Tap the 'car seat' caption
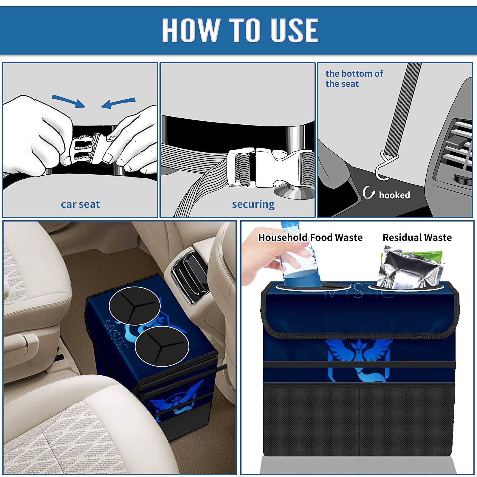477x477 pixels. click(x=80, y=204)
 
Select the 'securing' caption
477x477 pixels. click(x=253, y=205)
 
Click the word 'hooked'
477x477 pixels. click(x=394, y=195)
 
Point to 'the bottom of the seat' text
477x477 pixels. click(x=354, y=78)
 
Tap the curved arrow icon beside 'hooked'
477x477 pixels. click(x=369, y=192)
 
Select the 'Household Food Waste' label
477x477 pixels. click(x=310, y=237)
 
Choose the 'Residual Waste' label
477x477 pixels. click(x=417, y=237)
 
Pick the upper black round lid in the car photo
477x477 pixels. click(x=135, y=306)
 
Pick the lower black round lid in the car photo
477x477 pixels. click(x=162, y=346)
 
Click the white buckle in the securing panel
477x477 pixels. click(x=268, y=168)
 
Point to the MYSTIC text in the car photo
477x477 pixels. click(x=116, y=336)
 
